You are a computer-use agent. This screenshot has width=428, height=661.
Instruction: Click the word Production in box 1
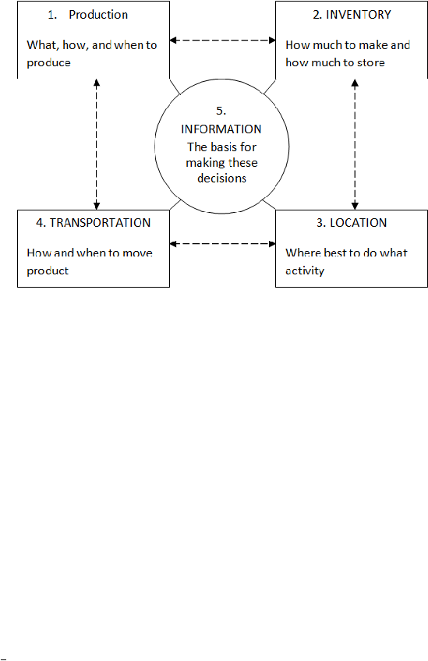tap(98, 15)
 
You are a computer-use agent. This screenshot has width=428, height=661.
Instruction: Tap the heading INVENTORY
tap(359, 15)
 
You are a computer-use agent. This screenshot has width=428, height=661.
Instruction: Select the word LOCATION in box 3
tap(358, 223)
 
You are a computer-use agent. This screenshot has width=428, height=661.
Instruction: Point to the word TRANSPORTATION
tap(100, 223)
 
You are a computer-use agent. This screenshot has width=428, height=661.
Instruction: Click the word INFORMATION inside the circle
tap(221, 129)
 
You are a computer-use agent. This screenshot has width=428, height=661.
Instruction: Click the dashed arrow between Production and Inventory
tap(223, 41)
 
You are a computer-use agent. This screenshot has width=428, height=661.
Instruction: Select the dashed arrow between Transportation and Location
tap(223, 244)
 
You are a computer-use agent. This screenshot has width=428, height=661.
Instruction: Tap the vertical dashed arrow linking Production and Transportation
tap(97, 144)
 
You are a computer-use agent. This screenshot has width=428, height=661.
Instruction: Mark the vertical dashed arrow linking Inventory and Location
tap(355, 144)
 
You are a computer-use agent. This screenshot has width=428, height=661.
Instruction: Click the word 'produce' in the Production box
tap(49, 63)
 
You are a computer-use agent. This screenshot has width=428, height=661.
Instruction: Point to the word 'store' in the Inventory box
tap(370, 63)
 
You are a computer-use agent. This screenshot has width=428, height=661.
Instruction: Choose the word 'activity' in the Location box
tap(305, 270)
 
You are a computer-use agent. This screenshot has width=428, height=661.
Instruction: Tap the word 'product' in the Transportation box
tap(48, 270)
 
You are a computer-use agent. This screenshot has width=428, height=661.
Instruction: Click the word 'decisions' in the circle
tap(222, 179)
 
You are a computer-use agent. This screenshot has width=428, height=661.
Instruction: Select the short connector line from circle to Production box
tap(175, 87)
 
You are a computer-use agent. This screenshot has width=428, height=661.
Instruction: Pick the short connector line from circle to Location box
tap(269, 205)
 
